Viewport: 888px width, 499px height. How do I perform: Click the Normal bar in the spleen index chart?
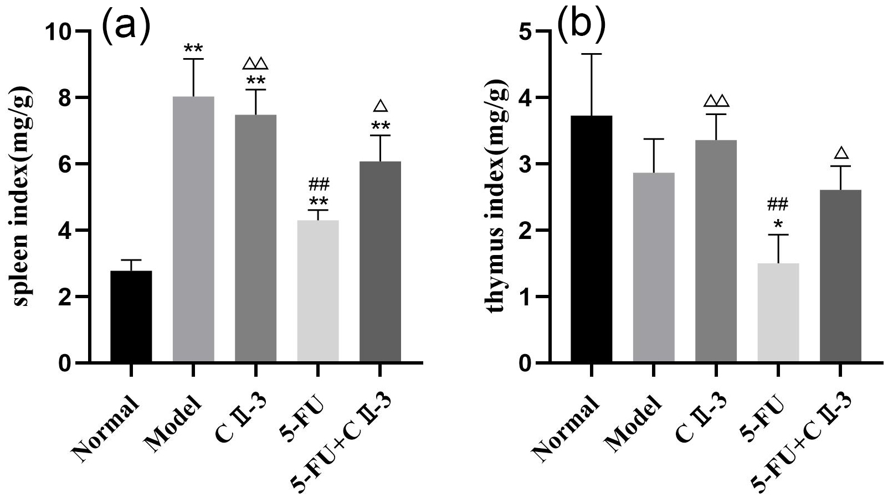click(x=131, y=317)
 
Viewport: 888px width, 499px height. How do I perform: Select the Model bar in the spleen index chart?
click(x=193, y=230)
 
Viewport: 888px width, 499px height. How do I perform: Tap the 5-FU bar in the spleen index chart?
click(x=318, y=292)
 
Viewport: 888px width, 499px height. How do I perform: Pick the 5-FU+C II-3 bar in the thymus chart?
click(x=840, y=277)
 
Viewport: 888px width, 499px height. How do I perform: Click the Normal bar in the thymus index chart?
click(x=591, y=240)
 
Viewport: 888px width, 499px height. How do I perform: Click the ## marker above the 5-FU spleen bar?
click(x=318, y=183)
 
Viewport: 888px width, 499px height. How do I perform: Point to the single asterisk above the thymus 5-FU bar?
click(x=778, y=223)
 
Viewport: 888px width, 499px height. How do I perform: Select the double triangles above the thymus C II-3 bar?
click(x=716, y=101)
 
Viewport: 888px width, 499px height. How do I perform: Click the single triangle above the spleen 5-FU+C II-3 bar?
click(x=380, y=106)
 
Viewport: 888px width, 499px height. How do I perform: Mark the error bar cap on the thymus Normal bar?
click(x=591, y=54)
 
